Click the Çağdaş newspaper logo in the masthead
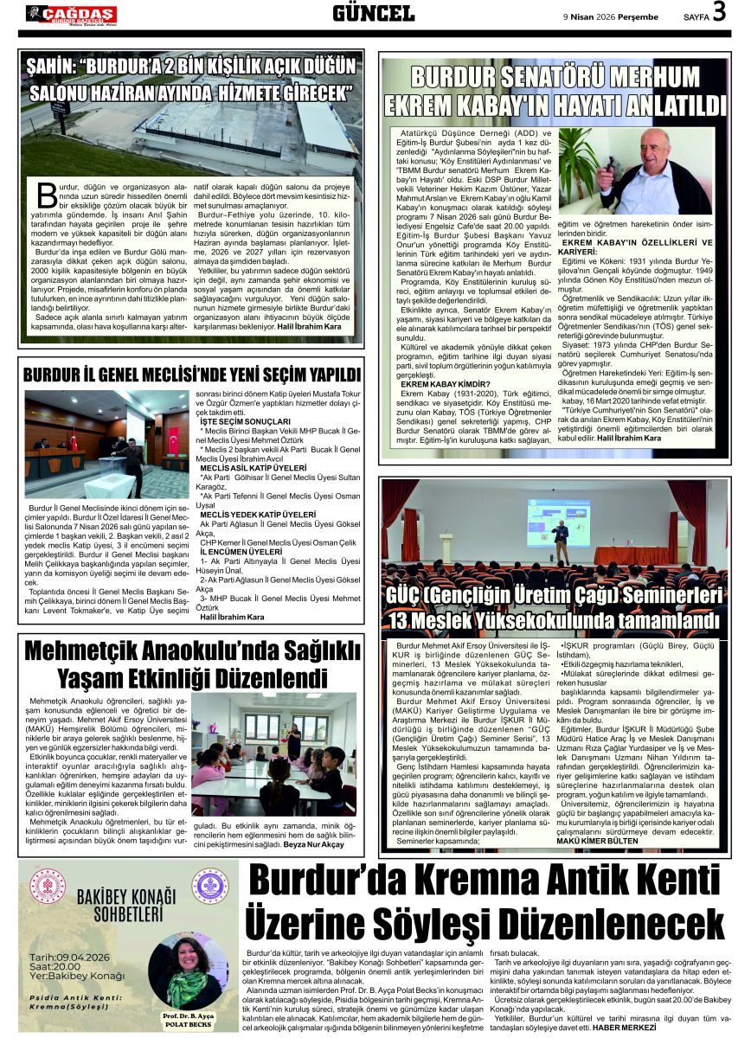(x=70, y=13)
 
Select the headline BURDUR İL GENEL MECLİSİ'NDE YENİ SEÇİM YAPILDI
(x=191, y=375)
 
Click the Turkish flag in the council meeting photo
(x=173, y=440)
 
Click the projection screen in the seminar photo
(x=558, y=522)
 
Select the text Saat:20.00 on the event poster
(x=60, y=966)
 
